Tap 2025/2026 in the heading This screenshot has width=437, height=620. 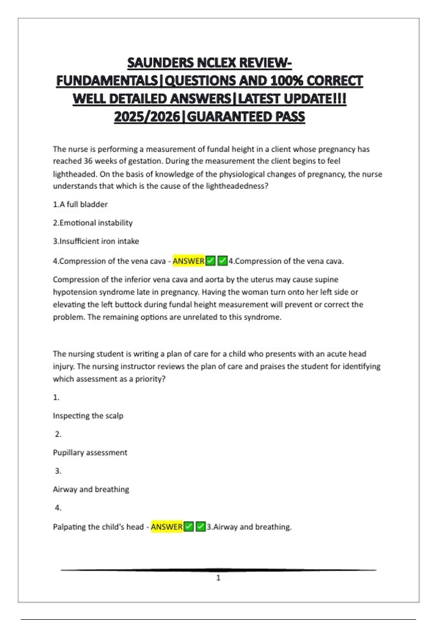[x=147, y=117]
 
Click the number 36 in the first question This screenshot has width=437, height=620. [x=88, y=161]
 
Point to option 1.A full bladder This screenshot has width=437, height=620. [x=80, y=204]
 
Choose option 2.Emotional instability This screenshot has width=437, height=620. [x=92, y=223]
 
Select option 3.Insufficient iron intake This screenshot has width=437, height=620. [x=96, y=241]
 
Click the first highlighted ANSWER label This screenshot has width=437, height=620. [x=188, y=261]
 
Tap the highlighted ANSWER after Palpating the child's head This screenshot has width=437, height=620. [x=166, y=527]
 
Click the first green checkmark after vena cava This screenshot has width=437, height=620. [x=210, y=261]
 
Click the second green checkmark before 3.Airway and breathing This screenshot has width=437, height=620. [x=201, y=527]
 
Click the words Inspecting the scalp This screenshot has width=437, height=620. [x=88, y=416]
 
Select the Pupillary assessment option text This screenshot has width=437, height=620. [x=90, y=453]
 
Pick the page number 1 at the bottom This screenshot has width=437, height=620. [x=219, y=578]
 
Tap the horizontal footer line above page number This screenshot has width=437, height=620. [x=219, y=570]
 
